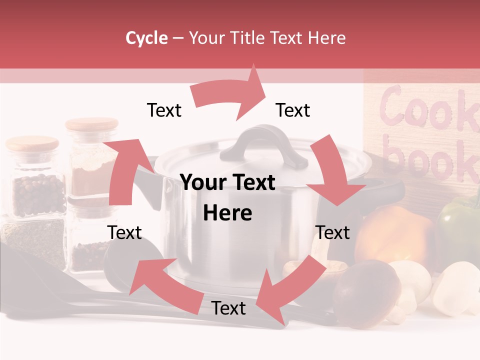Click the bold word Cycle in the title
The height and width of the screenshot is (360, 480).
146,38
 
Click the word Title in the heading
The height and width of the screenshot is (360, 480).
248,38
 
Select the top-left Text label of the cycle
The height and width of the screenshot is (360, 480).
164,110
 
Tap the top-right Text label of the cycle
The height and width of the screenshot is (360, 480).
293,110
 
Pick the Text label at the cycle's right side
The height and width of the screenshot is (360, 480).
332,232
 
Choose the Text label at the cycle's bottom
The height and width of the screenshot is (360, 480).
228,308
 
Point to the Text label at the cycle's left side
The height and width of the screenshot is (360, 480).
124,232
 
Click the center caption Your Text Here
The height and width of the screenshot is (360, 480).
228,197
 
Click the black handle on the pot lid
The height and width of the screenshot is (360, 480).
265,145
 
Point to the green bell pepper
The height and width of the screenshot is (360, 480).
457,220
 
